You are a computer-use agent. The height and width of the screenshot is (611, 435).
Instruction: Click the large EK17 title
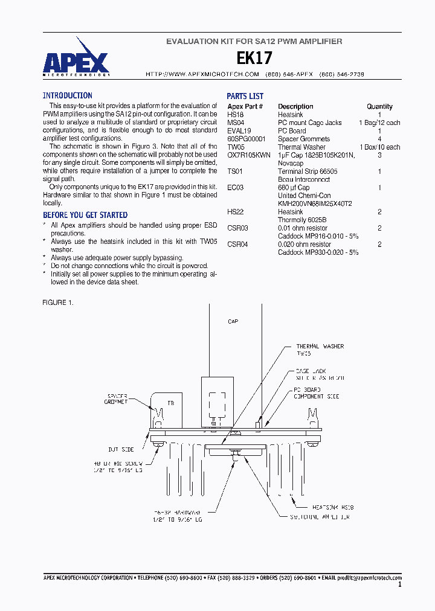coord(254,58)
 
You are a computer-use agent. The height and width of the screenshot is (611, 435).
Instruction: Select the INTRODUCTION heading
coord(67,95)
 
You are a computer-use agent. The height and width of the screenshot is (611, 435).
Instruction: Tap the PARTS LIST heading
coord(245,96)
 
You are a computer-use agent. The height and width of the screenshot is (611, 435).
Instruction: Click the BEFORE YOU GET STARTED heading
coord(85,215)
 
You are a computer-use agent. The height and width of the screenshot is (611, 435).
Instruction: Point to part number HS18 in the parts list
coord(235,115)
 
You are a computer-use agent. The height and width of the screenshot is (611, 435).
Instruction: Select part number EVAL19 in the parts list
coord(239,131)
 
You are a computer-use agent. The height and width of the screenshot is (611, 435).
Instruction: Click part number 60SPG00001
coord(246,139)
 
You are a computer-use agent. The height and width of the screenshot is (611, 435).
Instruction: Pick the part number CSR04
coord(237,245)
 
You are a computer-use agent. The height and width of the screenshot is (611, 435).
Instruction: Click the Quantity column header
coord(379,106)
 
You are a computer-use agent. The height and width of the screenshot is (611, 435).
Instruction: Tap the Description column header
coord(295,106)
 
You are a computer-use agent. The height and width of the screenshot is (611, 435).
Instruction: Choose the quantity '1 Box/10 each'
coord(379,147)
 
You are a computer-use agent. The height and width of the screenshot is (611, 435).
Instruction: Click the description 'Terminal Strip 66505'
coord(308,171)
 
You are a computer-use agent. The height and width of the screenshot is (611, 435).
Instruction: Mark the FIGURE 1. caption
coord(58,302)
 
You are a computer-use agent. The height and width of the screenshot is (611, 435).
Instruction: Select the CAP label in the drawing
coord(233,322)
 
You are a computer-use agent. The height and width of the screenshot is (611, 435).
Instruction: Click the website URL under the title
coord(202,74)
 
